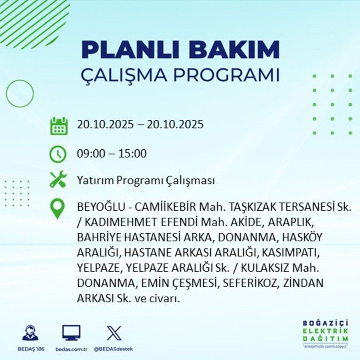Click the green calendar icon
coord(58,126)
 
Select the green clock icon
coord(58,154)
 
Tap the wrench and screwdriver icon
coord(58,180)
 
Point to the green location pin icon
coord(58,209)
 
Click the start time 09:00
coord(90,154)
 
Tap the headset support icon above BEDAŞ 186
coord(30,333)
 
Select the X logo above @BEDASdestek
coord(114,333)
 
